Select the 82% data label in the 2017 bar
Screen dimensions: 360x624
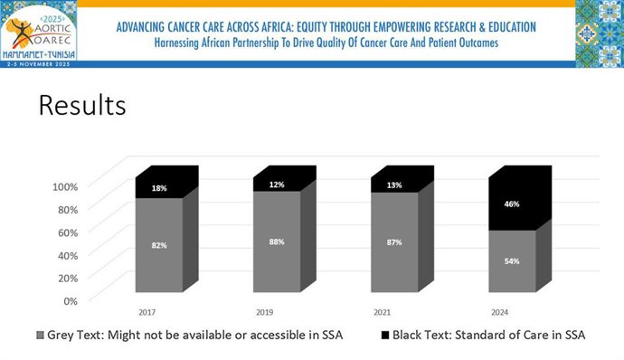click(159, 245)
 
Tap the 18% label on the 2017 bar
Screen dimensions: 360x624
click(159, 188)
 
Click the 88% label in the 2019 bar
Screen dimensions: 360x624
click(277, 241)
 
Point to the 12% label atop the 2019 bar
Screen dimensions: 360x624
click(277, 185)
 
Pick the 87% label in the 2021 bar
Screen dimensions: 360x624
click(394, 242)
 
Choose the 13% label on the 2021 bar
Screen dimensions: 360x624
click(394, 185)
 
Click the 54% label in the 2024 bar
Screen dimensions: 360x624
click(513, 261)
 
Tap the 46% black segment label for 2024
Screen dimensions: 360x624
click(513, 204)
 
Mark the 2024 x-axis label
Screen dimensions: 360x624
click(499, 311)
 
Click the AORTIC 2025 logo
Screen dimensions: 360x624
click(39, 33)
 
